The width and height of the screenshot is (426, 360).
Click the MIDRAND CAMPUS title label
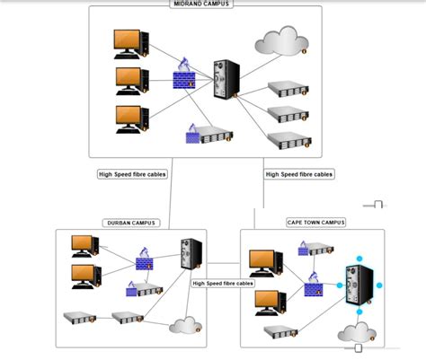pos(201,4)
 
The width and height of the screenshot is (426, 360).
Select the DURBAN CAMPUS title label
pos(131,223)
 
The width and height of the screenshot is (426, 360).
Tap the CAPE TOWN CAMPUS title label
pos(315,222)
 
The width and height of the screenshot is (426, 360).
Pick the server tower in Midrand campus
pos(223,79)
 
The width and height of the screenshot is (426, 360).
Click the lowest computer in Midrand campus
pos(130,119)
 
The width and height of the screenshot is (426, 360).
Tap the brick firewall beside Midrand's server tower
pos(186,75)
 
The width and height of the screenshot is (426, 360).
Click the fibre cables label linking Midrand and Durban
pos(132,174)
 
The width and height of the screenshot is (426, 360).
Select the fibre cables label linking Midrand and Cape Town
pos(299,174)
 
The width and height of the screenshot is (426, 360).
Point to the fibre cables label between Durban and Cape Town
pos(223,283)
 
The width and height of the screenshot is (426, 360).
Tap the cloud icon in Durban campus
pos(186,325)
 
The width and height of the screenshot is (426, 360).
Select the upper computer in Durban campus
pos(84,246)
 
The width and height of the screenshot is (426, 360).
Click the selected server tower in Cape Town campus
pos(359,286)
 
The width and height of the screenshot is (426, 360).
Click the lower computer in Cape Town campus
pos(269,302)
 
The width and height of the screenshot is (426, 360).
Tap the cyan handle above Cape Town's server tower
pos(359,259)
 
